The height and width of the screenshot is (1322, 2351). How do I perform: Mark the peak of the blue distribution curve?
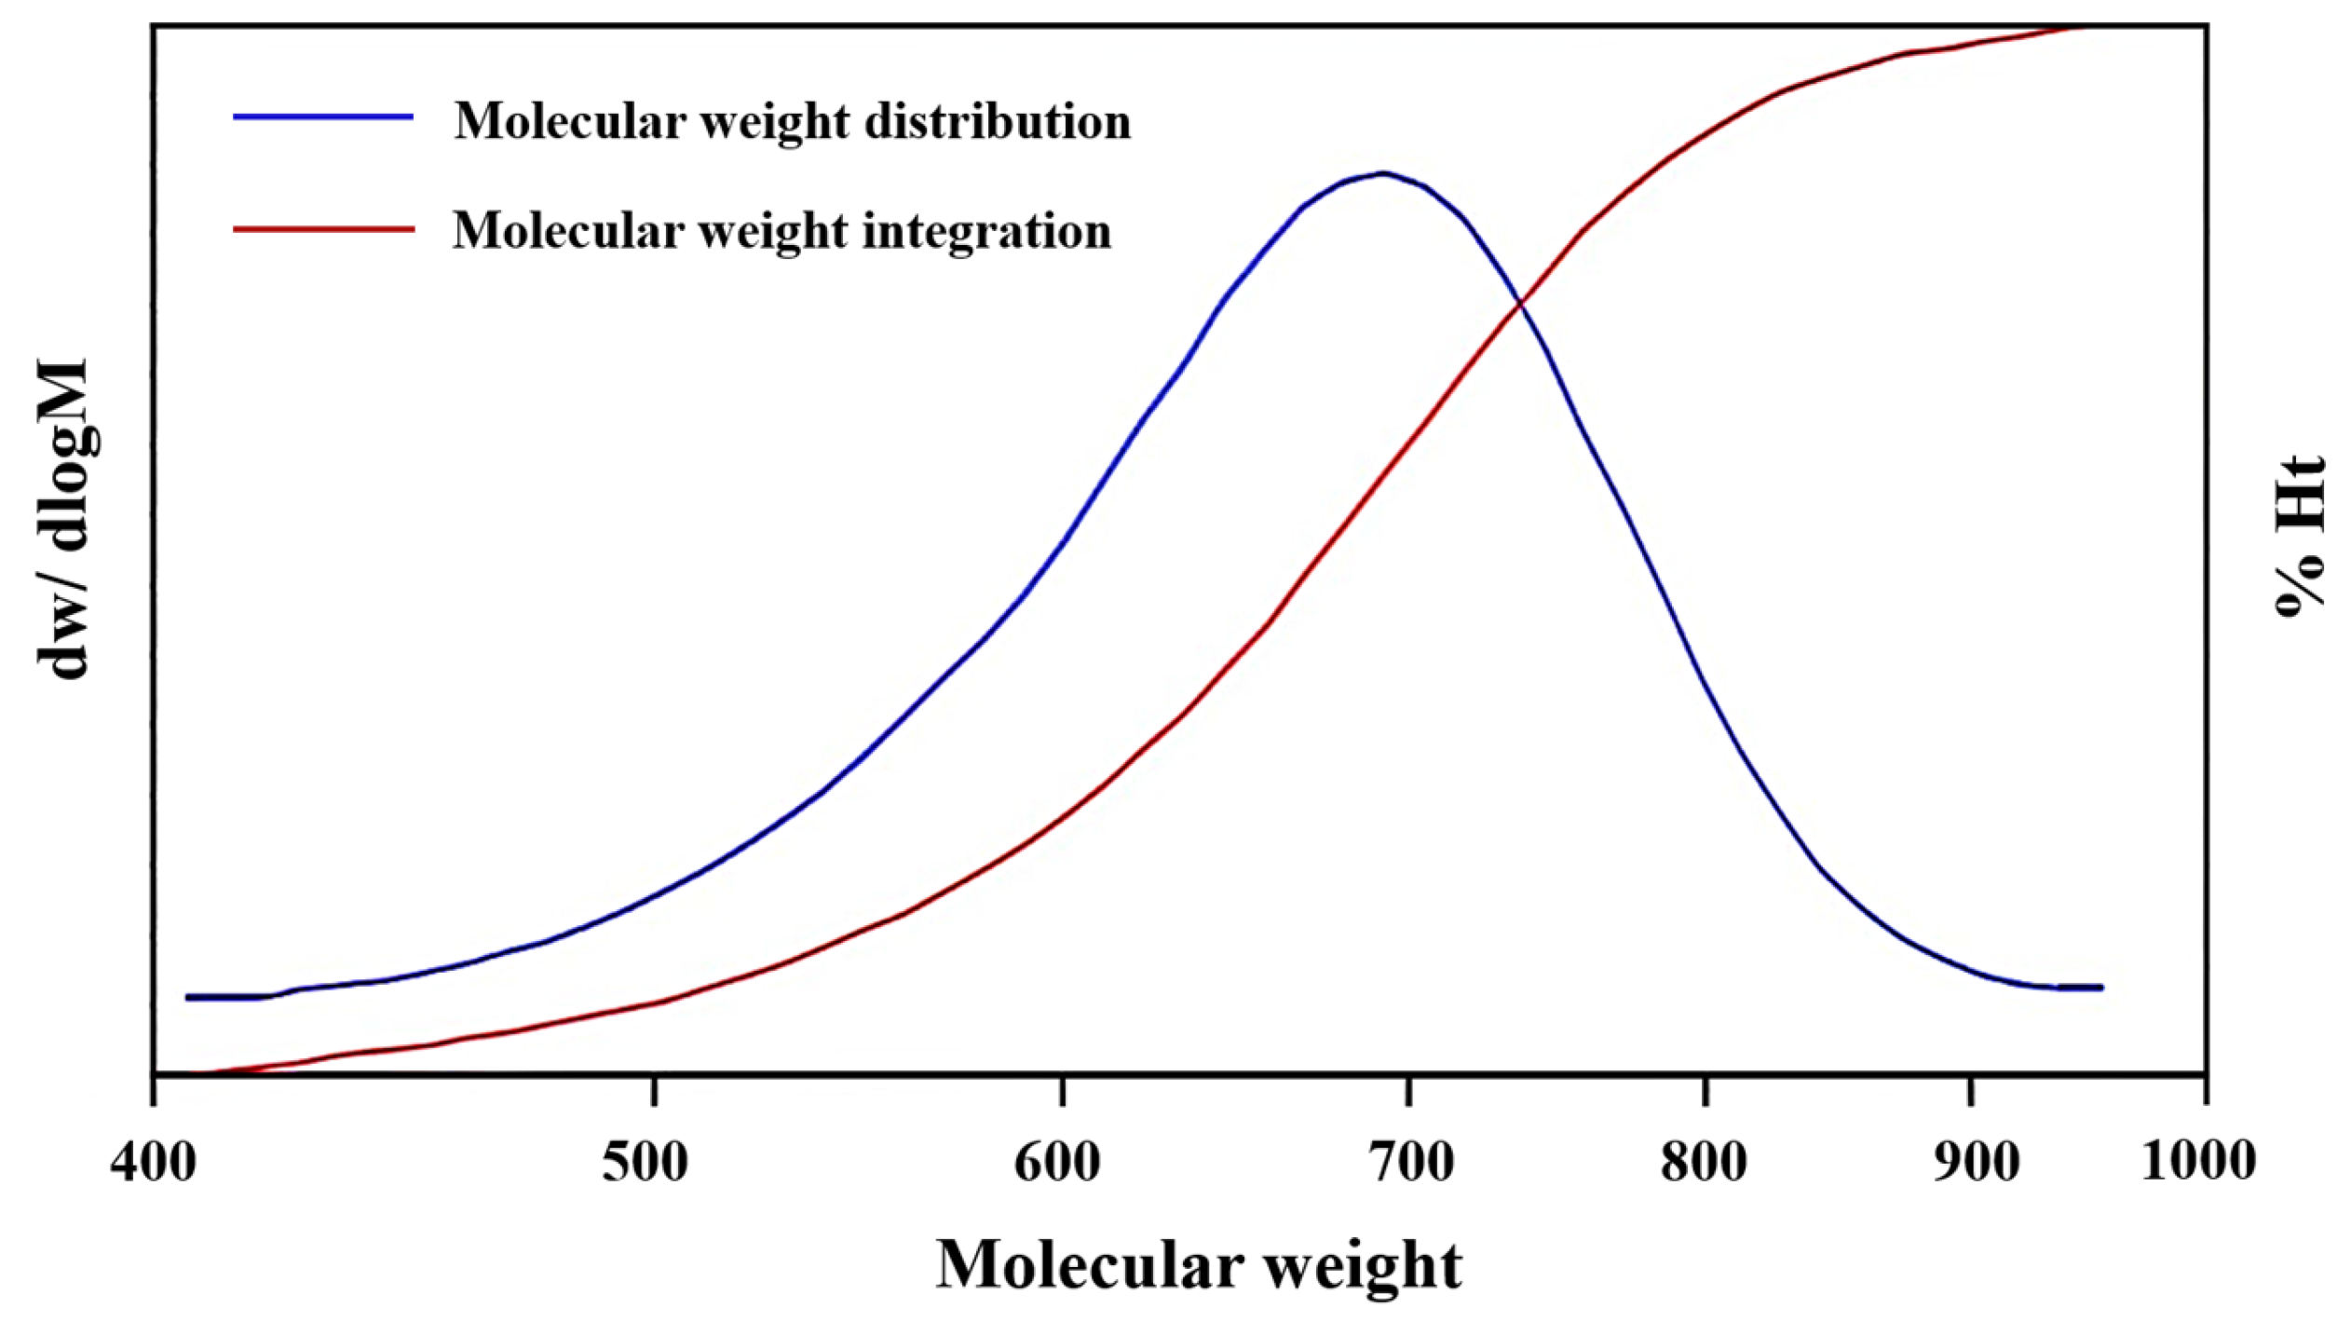coord(1383,173)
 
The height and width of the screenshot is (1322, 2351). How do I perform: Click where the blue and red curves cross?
coord(1520,303)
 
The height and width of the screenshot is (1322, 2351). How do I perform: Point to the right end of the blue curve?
coord(2101,988)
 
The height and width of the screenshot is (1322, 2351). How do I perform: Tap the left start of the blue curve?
coord(189,997)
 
